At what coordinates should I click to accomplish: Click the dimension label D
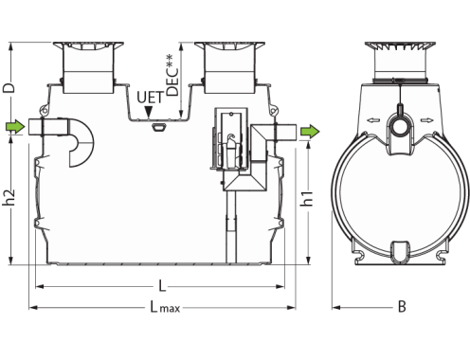9,87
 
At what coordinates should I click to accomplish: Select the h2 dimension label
9,197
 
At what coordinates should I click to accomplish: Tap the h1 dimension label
306,199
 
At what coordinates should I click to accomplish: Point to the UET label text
151,98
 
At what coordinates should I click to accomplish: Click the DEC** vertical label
172,75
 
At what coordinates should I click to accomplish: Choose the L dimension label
162,286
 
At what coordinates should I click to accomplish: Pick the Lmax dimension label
165,307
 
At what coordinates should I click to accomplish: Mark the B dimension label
402,307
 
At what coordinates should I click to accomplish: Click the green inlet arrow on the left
15,127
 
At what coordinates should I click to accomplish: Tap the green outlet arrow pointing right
310,132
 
